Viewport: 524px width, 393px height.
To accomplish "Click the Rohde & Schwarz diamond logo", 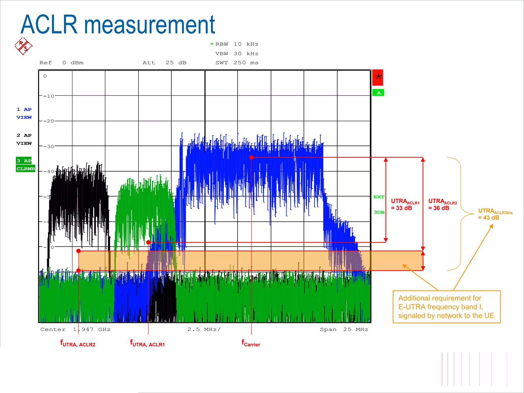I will click(x=24, y=46).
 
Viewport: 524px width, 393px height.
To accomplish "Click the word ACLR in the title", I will click(x=49, y=25).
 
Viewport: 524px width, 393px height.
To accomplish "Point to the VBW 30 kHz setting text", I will click(x=237, y=54).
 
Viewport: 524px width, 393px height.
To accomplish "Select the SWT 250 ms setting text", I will click(x=237, y=63).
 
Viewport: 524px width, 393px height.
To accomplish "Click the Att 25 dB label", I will click(x=165, y=63).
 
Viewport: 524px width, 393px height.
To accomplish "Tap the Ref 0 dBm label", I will click(x=61, y=63).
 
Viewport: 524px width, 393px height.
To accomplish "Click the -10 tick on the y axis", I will click(x=49, y=96).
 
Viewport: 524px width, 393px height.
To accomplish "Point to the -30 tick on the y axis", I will click(x=49, y=147).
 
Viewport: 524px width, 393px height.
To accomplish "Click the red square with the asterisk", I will click(x=378, y=77).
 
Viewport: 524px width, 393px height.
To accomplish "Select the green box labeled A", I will click(x=378, y=93).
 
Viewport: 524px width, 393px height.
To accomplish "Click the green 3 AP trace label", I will click(x=24, y=161).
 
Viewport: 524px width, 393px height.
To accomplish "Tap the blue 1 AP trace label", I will click(x=24, y=110).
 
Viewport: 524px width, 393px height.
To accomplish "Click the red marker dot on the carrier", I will click(x=252, y=157).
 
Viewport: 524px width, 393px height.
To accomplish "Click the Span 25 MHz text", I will click(x=344, y=330).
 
